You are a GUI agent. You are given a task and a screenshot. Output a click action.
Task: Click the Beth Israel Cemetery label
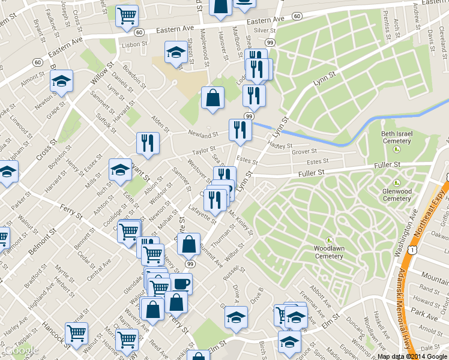pos(397,137)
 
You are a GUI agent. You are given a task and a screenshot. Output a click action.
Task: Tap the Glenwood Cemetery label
pos(397,195)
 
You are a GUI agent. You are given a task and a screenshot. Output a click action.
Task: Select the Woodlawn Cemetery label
pos(328,251)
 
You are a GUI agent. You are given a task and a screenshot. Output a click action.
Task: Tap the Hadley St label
pos(280,145)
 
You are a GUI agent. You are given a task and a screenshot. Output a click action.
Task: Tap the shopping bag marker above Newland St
pos(212,98)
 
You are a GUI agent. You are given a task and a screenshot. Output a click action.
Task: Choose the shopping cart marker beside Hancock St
pos(76,332)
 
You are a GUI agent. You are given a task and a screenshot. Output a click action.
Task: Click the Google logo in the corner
pos(21,350)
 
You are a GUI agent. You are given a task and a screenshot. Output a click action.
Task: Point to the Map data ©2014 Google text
pos(412,356)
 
